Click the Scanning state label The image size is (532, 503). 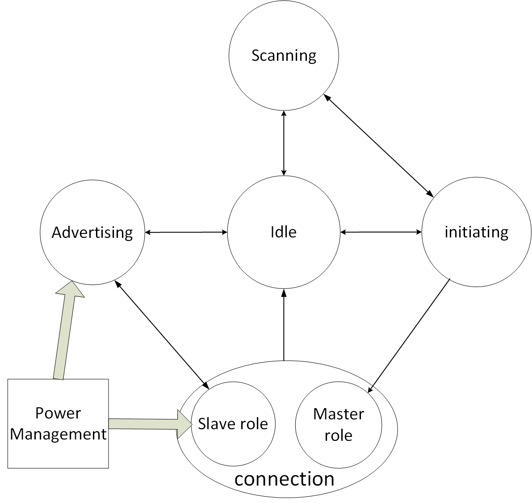[x=284, y=56]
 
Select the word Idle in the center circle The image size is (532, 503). [x=283, y=232]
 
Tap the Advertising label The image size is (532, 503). [x=92, y=232]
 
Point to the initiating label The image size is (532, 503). [x=476, y=232]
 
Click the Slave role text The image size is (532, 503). [x=233, y=423]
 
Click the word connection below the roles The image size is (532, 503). [x=284, y=479]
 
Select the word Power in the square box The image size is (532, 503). [x=58, y=413]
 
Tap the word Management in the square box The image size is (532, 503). [x=58, y=434]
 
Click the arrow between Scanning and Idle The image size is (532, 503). [x=284, y=143]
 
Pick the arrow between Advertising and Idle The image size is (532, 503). [x=186, y=232]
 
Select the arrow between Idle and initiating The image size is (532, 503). [x=381, y=232]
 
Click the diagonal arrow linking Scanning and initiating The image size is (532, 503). [x=378, y=145]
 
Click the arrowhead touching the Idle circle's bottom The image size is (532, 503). [x=284, y=293]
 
